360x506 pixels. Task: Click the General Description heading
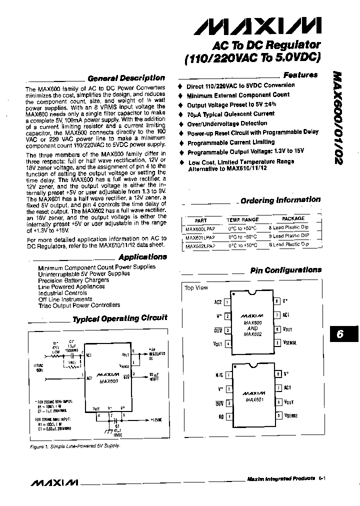(126, 78)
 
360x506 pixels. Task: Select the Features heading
(300, 75)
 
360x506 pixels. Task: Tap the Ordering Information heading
(280, 200)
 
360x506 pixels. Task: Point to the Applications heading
(142, 257)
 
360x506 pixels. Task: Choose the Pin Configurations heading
(285, 270)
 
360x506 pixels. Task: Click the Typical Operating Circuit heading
(120, 318)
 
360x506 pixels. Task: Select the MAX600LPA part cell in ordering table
(200, 228)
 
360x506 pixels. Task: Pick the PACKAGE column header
(293, 219)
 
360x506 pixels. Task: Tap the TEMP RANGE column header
(242, 219)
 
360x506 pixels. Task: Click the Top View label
(196, 288)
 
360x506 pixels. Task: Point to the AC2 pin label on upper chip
(218, 302)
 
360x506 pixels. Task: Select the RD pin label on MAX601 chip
(220, 416)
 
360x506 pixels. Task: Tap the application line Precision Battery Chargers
(73, 280)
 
